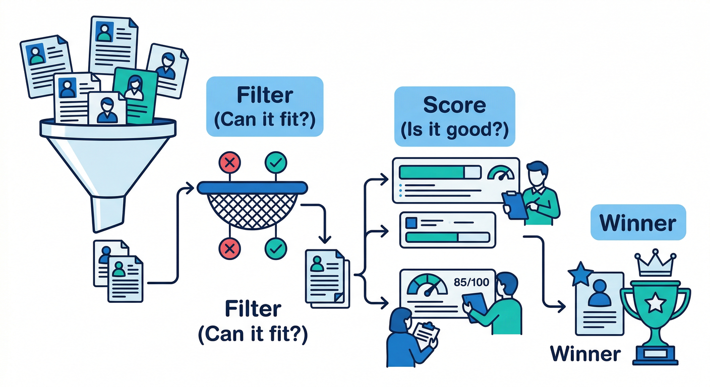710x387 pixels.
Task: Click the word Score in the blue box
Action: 454,105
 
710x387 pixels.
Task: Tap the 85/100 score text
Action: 471,283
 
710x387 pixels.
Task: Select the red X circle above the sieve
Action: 229,162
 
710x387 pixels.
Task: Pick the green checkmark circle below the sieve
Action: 276,247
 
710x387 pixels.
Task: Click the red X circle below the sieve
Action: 229,247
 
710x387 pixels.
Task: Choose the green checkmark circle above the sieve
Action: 276,162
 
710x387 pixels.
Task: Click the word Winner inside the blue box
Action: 638,222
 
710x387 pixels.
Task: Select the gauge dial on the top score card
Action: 501,173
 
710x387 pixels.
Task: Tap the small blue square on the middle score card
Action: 411,222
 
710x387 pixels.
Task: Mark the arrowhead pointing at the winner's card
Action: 561,305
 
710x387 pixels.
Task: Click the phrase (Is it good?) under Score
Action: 454,129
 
